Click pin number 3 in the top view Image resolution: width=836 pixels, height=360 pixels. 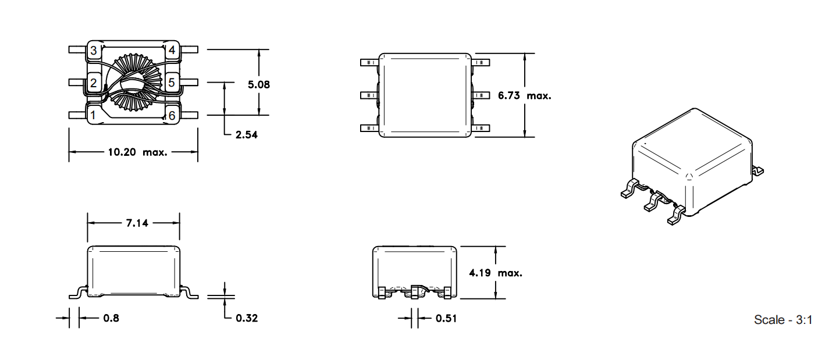[94, 51]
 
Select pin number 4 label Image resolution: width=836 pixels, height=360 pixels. [172, 50]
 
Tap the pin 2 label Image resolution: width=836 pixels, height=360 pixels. [94, 83]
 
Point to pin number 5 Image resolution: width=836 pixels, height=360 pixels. [171, 83]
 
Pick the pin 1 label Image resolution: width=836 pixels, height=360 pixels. [93, 115]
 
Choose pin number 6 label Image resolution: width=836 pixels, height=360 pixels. [172, 116]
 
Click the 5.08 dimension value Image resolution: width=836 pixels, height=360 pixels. [259, 85]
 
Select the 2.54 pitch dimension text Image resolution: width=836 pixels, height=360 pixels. [246, 135]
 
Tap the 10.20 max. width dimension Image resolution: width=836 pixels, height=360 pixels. [138, 152]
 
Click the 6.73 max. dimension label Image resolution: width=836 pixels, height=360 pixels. [524, 96]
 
